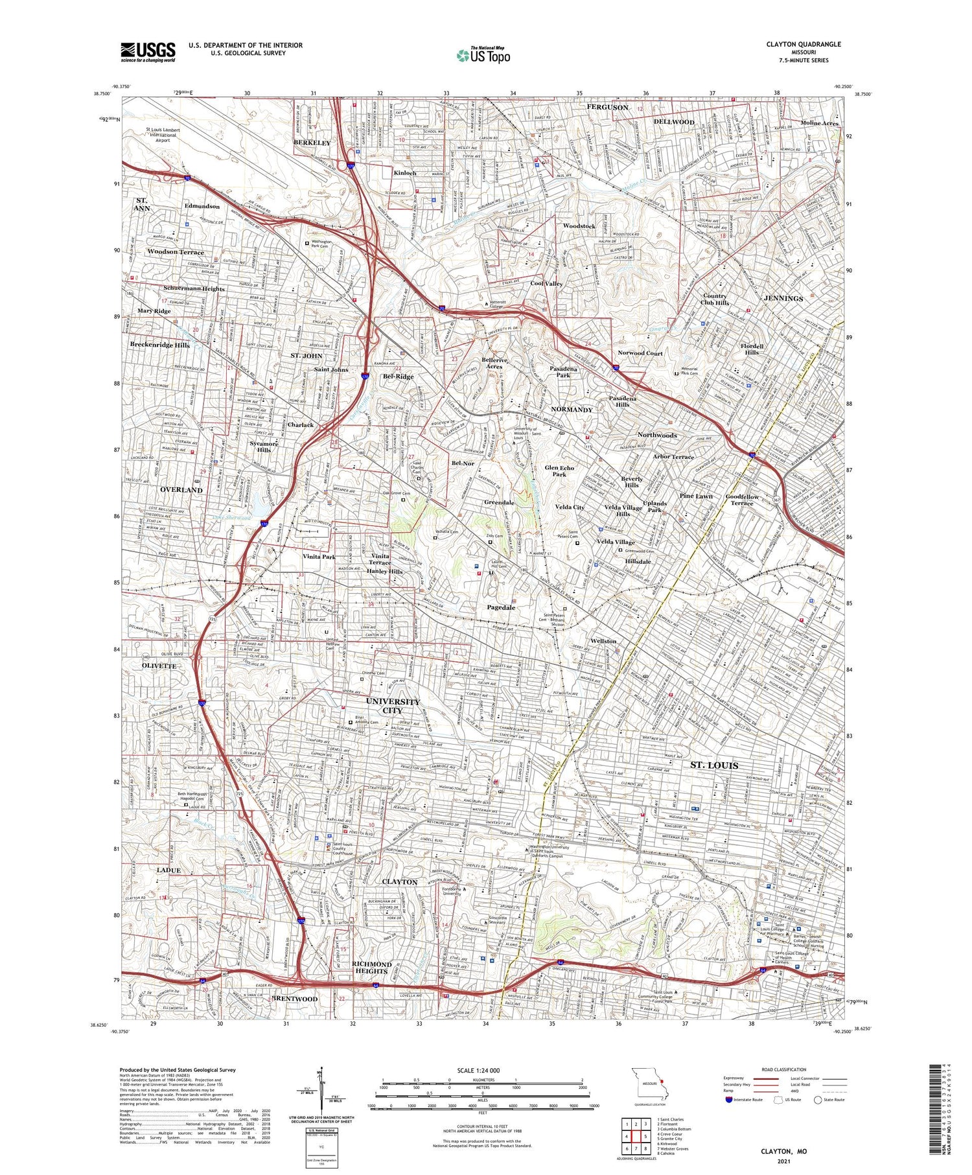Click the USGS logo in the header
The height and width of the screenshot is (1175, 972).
tap(148, 52)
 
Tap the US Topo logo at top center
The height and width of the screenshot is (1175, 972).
tap(483, 55)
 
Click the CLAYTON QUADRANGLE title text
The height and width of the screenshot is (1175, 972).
tap(804, 44)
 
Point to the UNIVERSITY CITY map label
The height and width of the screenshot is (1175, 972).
tap(393, 706)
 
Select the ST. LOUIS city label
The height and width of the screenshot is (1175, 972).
tap(713, 765)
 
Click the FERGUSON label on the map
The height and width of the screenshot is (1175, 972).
tap(607, 107)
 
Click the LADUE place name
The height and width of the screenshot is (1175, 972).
tap(168, 870)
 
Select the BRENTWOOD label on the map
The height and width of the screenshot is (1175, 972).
tap(295, 999)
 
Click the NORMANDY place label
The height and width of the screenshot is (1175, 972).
tap(572, 410)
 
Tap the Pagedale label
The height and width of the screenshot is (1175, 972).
tap(501, 607)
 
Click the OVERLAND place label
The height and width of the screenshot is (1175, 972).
tap(181, 490)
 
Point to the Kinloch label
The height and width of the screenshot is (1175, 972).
tap(405, 174)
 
